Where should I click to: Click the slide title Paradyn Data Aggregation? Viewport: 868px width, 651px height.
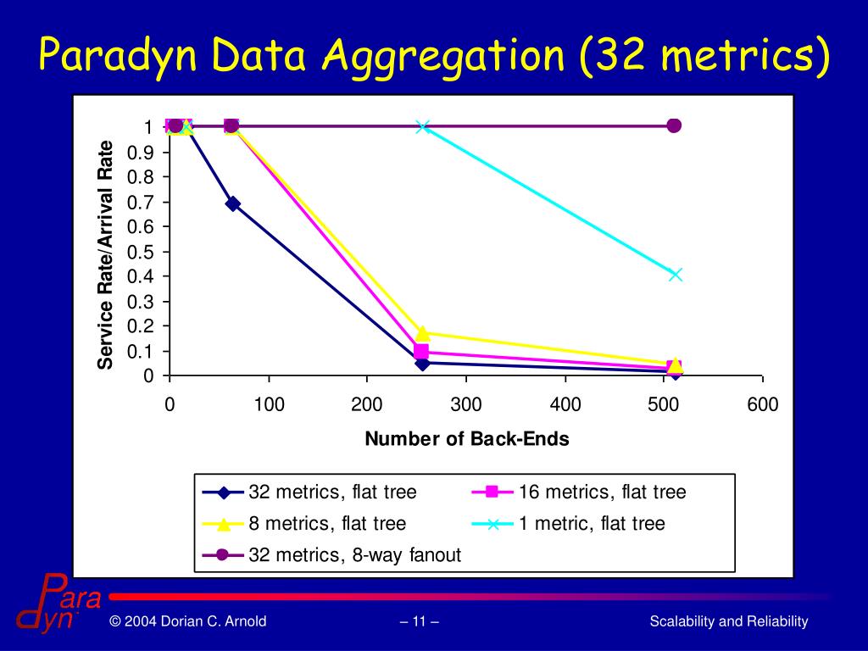click(434, 55)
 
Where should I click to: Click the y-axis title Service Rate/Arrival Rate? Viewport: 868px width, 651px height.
click(105, 254)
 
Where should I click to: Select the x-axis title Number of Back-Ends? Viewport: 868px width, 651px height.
click(467, 439)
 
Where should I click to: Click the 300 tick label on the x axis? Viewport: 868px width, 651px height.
click(466, 405)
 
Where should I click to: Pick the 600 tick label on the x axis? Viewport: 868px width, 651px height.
click(762, 405)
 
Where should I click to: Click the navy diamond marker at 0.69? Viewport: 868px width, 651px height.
click(232, 203)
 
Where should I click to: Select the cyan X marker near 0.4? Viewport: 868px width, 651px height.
click(675, 274)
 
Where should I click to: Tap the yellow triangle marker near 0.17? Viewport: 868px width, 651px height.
click(422, 333)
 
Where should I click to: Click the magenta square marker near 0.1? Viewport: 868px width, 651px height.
click(421, 352)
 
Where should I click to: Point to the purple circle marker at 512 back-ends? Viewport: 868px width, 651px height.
click(674, 125)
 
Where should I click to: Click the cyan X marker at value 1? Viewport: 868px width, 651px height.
click(423, 126)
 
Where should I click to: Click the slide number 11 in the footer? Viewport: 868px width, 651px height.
click(419, 622)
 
